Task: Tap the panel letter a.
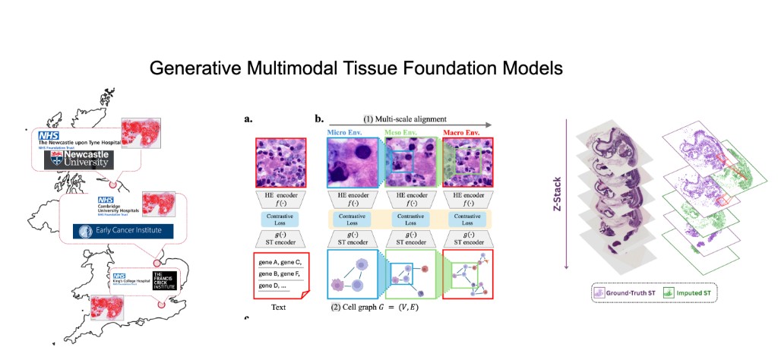(248, 119)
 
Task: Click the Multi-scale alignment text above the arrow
(405, 118)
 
